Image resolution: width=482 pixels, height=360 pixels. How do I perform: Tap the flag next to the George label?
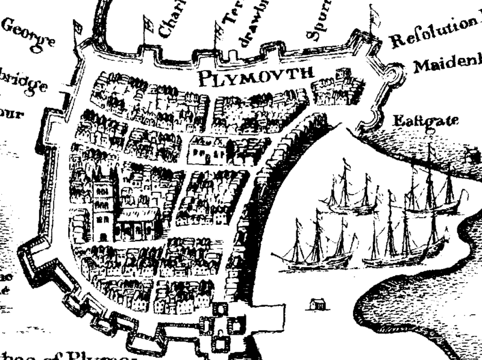point(77,30)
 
